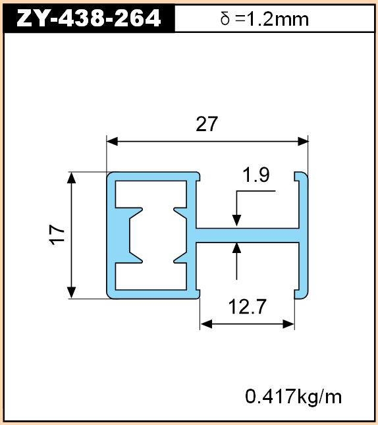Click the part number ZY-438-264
(x=88, y=18)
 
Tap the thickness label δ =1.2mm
(x=265, y=19)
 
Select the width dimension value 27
(x=207, y=124)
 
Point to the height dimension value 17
(x=57, y=235)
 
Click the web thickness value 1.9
(x=256, y=175)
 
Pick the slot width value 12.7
(x=247, y=306)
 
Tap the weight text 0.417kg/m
(x=294, y=397)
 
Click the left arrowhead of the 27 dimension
(x=112, y=142)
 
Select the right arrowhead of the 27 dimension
(x=303, y=142)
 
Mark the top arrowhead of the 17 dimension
(x=71, y=178)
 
